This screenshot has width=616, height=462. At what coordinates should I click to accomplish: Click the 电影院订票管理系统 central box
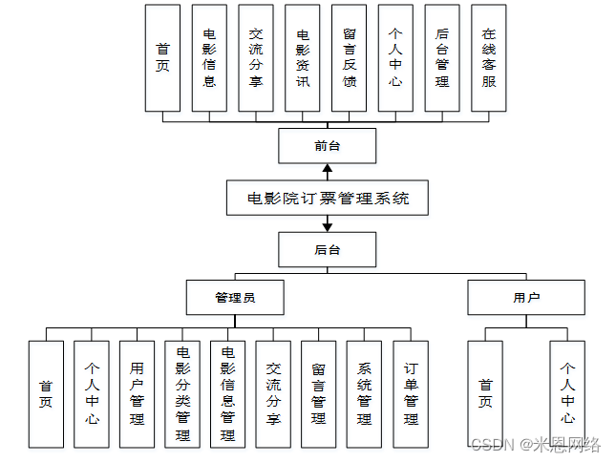coord(328,199)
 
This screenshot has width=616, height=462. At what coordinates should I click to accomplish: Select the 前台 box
coord(327,146)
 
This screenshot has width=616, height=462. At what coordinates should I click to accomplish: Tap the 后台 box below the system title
coord(327,250)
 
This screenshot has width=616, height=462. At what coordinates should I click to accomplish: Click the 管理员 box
coord(234,298)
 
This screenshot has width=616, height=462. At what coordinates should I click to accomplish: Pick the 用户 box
coord(526,298)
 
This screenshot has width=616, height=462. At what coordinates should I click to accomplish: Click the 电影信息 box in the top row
coord(209,57)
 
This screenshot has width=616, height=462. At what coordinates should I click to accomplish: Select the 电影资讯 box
coord(303,57)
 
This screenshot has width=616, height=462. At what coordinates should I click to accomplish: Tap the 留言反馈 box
coord(350,57)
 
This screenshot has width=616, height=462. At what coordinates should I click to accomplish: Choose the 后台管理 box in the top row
coord(441,57)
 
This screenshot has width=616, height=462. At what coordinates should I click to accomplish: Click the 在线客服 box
coord(488,57)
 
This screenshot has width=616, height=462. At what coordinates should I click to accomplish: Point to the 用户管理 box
coord(137,393)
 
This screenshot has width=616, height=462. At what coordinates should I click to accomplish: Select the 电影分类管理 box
coord(182,393)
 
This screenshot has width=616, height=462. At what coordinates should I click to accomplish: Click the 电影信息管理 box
coord(227,393)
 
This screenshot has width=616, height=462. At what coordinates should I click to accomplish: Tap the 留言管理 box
coord(319,393)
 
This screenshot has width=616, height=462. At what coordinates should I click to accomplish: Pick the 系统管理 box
coord(364,393)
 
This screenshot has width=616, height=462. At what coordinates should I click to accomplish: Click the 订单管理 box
coord(411,393)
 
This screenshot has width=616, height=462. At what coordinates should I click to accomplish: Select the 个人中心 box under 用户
coord(567,393)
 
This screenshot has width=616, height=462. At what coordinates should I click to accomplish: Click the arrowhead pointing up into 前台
coord(327,170)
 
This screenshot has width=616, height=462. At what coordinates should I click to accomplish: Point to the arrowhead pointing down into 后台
coord(327,226)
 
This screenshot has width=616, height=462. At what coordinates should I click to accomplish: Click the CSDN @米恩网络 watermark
coord(535,444)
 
